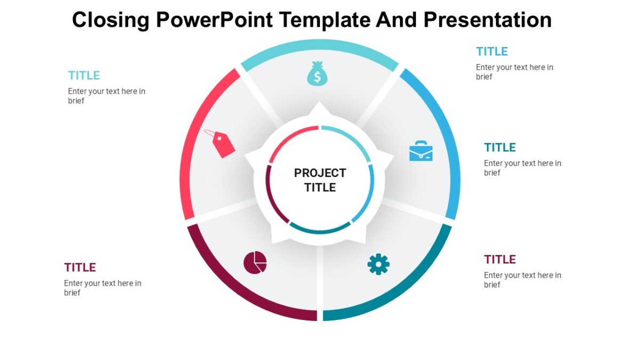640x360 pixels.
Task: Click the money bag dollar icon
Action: (x=317, y=74)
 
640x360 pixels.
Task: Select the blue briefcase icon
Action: (x=421, y=151)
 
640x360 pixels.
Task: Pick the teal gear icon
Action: (x=378, y=264)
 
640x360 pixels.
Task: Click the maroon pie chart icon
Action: (x=255, y=262)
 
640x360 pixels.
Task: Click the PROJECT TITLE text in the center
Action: (x=320, y=180)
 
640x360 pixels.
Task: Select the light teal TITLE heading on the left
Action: (x=84, y=75)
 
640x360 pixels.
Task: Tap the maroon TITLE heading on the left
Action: (x=80, y=267)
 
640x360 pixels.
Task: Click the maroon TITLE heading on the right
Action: (x=500, y=260)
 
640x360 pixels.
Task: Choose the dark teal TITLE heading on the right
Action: (x=500, y=148)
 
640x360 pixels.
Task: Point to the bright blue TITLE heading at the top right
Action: (x=492, y=52)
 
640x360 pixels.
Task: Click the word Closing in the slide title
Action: (x=111, y=20)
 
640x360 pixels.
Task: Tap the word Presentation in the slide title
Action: (x=487, y=20)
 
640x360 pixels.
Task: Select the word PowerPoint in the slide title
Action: (x=215, y=20)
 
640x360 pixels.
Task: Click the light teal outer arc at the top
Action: (x=320, y=45)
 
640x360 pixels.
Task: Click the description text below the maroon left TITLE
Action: (x=102, y=287)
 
